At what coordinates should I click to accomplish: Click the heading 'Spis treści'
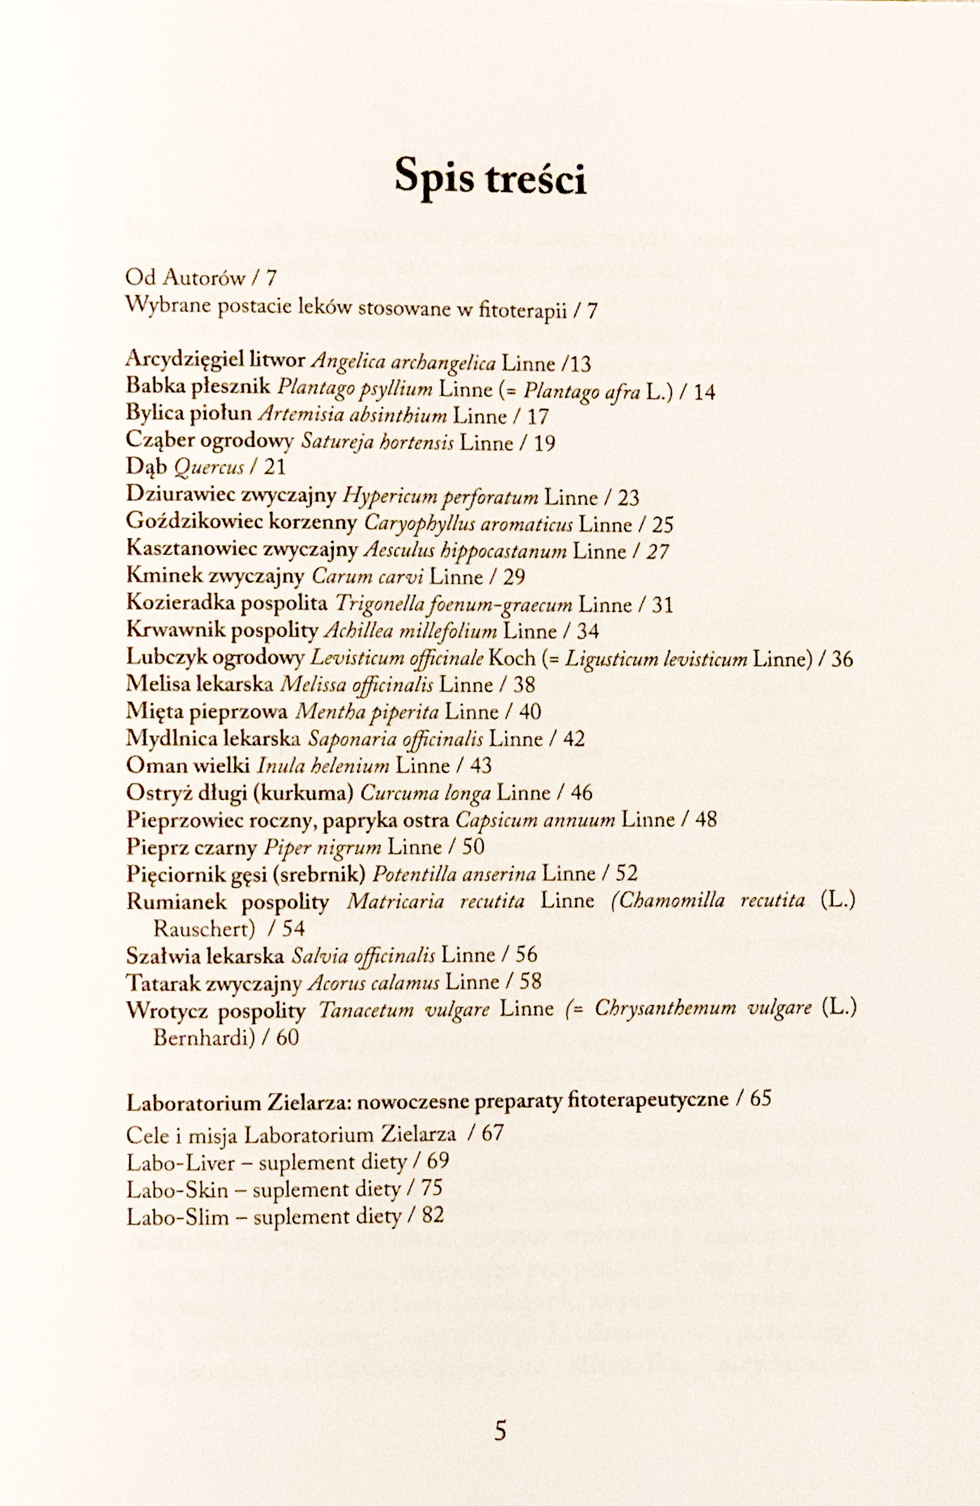click(x=489, y=178)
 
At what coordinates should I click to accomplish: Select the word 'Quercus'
click(x=208, y=469)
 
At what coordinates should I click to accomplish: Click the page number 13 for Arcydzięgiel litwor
click(x=579, y=364)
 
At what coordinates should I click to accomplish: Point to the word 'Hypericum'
click(x=374, y=497)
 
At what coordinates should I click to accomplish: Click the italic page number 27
click(x=657, y=550)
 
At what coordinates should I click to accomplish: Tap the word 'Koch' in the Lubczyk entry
click(x=512, y=658)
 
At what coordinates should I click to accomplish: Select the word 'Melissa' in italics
click(x=303, y=685)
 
